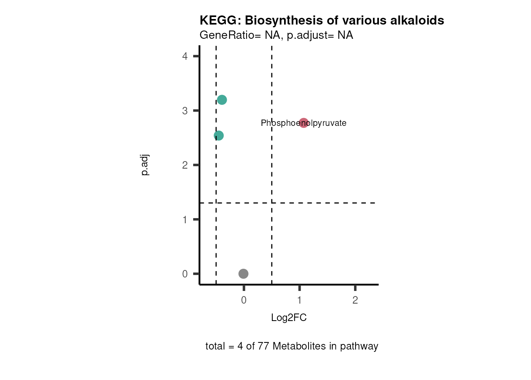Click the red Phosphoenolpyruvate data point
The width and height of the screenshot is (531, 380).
pyautogui.click(x=303, y=123)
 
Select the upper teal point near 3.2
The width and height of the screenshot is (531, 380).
pyautogui.click(x=222, y=100)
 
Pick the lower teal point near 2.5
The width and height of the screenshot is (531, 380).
pyautogui.click(x=218, y=135)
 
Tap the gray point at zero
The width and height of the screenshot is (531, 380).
pyautogui.click(x=243, y=274)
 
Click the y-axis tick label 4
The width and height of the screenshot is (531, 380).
pyautogui.click(x=185, y=56)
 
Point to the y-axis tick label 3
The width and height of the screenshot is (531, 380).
pyautogui.click(x=185, y=111)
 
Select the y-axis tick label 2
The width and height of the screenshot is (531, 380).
pyautogui.click(x=185, y=165)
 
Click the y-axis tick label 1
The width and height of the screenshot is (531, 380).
pyautogui.click(x=185, y=220)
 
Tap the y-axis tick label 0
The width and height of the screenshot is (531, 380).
pyautogui.click(x=185, y=274)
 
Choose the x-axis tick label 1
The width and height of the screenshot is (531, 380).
pyautogui.click(x=299, y=300)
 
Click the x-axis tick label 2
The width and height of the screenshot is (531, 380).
pyautogui.click(x=355, y=300)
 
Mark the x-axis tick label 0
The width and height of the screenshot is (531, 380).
pyautogui.click(x=244, y=300)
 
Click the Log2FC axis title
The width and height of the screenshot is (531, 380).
pyautogui.click(x=289, y=318)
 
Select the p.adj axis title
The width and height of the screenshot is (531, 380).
pyautogui.click(x=145, y=165)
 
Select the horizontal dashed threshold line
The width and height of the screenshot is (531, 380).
pyautogui.click(x=324, y=203)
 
